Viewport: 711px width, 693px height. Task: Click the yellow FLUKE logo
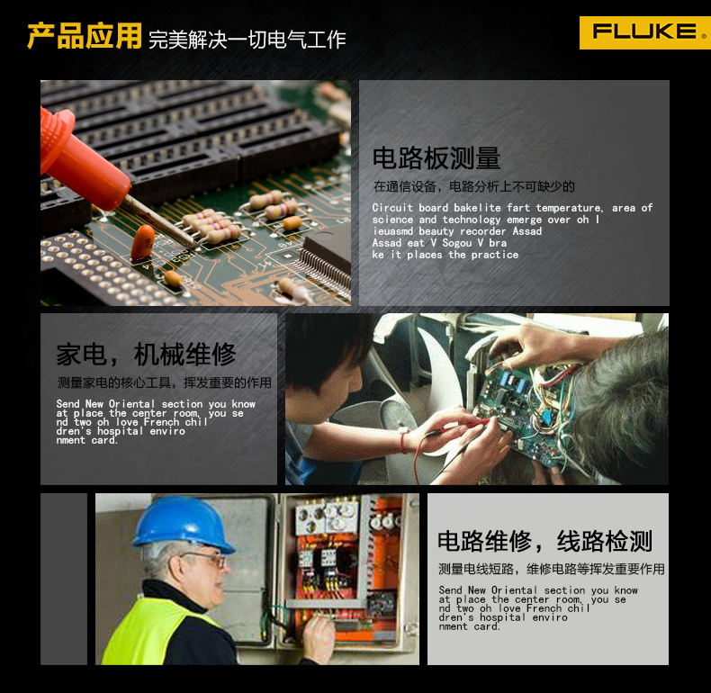pos(644,32)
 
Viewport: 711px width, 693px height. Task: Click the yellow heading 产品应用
pos(85,35)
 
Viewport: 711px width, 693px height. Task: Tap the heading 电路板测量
pos(436,157)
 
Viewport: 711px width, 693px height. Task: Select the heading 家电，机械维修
pos(146,354)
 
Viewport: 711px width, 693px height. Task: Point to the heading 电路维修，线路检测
pos(545,541)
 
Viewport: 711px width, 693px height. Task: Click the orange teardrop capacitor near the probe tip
pos(143,242)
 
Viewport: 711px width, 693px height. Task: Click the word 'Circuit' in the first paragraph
pos(392,208)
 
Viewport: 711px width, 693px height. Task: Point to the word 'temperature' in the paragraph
pos(570,208)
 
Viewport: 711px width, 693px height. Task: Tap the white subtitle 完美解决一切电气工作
pos(247,40)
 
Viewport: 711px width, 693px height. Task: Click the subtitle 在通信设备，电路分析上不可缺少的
pos(473,186)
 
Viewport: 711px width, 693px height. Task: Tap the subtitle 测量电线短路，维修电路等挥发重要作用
pos(552,569)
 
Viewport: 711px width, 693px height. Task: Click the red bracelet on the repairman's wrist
pos(402,442)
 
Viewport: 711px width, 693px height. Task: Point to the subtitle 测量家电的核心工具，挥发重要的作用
pos(164,382)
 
